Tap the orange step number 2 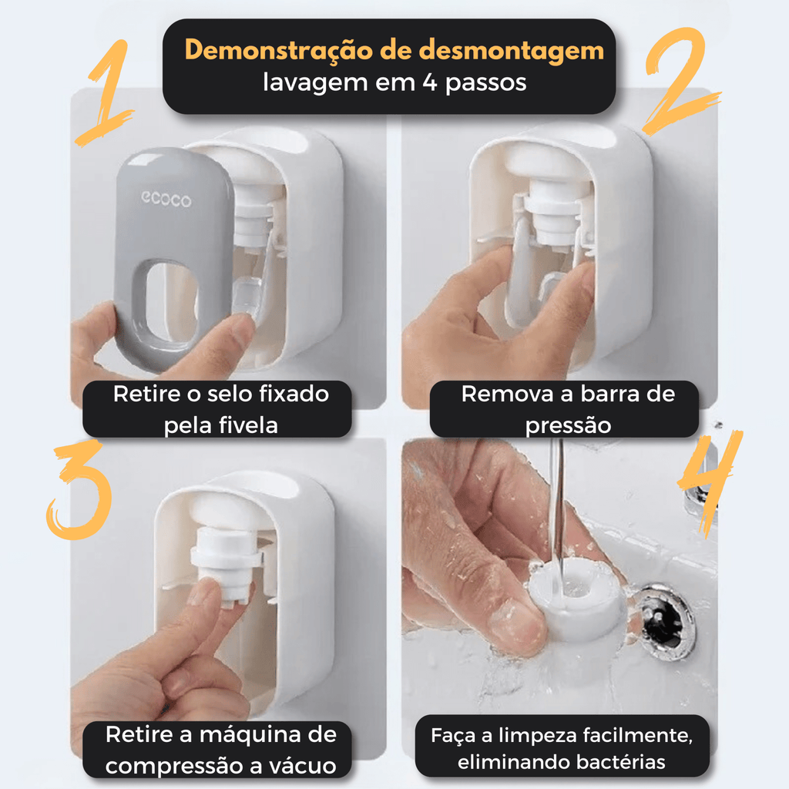coord(680,80)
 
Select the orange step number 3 coord(80,491)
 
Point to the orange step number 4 coord(710,483)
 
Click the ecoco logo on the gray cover coord(166,200)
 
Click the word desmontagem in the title coord(512,50)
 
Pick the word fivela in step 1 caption coord(248,425)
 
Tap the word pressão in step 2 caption coord(568,425)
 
